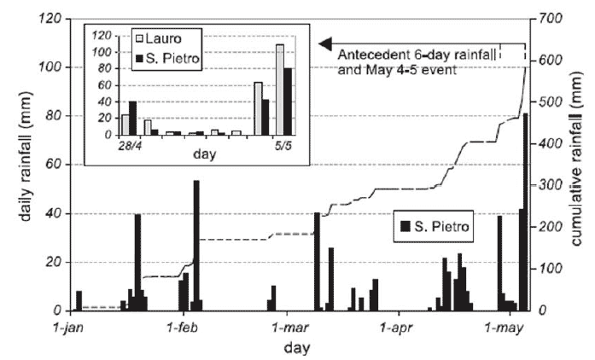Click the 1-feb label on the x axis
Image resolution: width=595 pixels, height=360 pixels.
click(183, 328)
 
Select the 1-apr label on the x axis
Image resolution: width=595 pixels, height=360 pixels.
click(398, 328)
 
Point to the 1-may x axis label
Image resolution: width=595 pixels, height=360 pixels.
click(503, 328)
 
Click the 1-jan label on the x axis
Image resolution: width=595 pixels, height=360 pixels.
click(70, 328)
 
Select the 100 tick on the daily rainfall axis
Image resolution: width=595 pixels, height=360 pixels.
click(45, 67)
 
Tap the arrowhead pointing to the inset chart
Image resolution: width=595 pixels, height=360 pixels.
click(324, 44)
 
